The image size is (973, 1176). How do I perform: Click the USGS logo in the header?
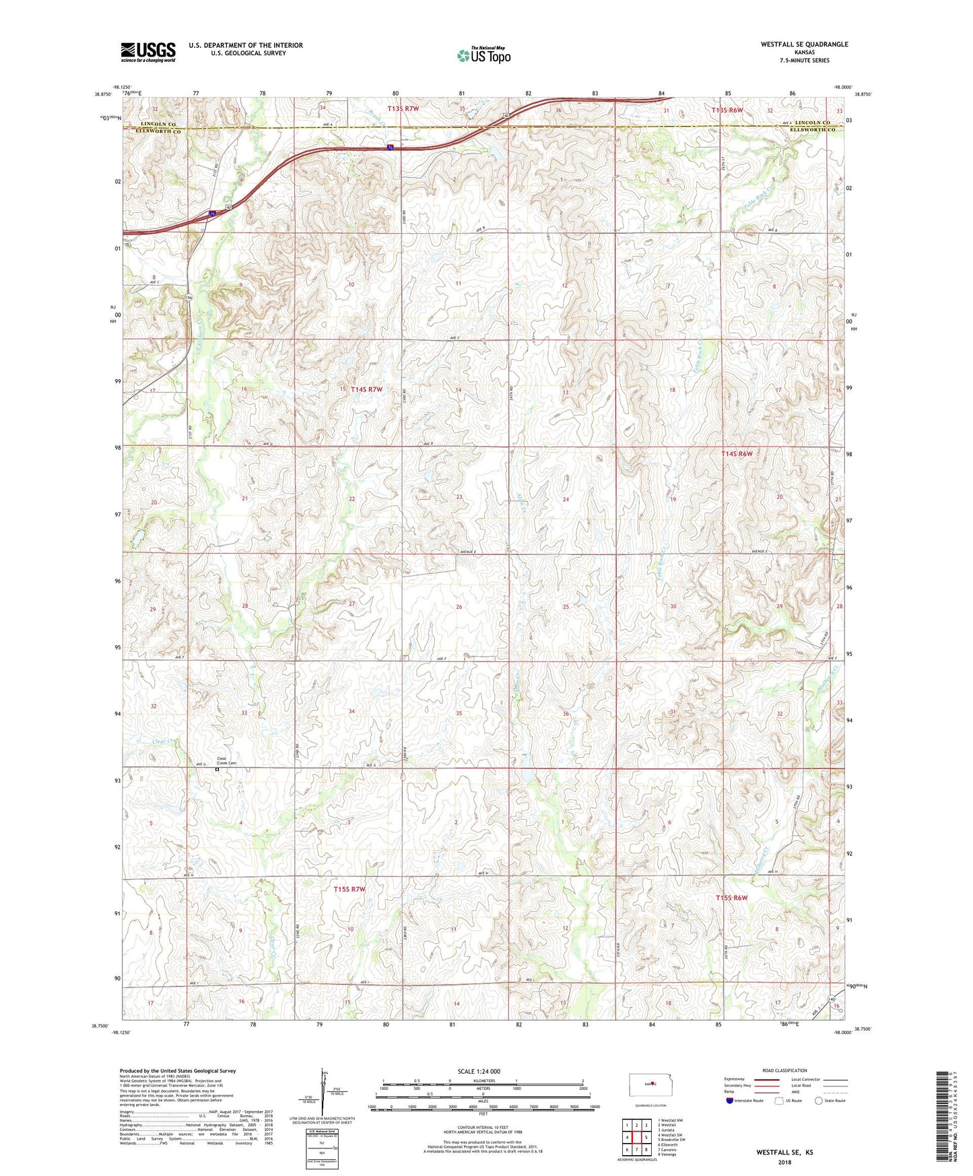[x=148, y=52]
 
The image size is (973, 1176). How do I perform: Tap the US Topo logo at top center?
[x=483, y=55]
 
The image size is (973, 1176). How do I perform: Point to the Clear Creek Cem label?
[x=227, y=761]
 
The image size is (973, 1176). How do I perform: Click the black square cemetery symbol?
[x=217, y=769]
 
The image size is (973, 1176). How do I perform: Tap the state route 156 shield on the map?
[x=189, y=298]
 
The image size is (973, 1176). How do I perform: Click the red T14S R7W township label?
[x=366, y=389]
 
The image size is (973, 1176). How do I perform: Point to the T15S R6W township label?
[x=732, y=898]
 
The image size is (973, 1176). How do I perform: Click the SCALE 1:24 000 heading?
[x=479, y=1071]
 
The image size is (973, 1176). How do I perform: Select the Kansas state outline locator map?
[x=649, y=1084]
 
